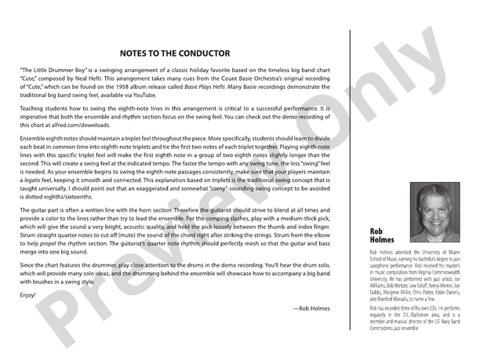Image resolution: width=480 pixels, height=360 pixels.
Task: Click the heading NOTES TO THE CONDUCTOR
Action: (175, 54)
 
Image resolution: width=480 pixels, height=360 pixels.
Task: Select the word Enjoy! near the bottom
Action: (28, 296)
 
